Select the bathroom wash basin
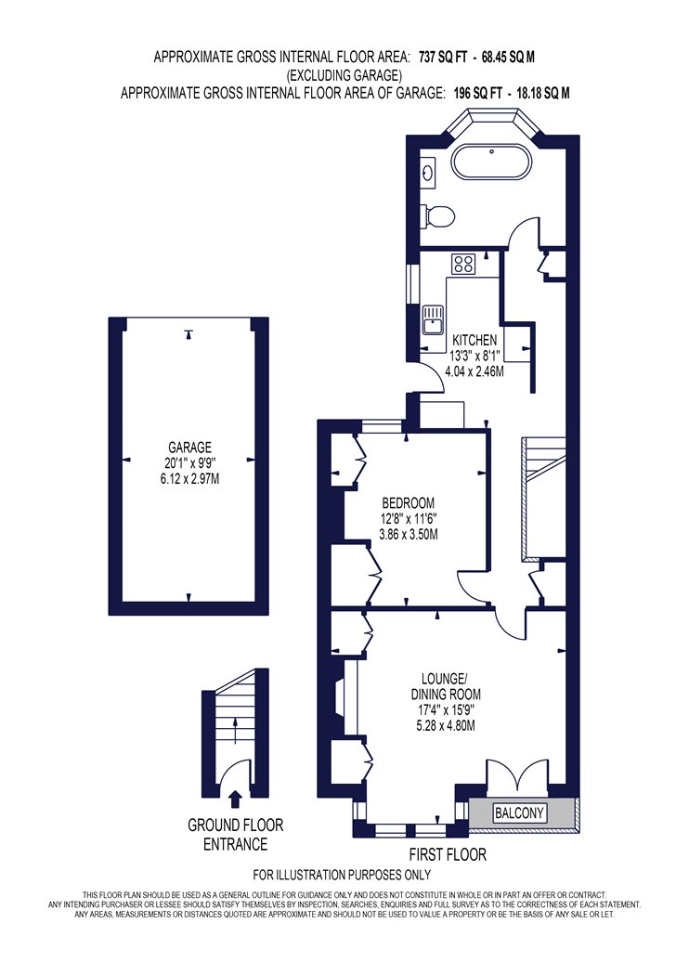(x=428, y=170)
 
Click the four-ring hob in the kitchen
(x=464, y=264)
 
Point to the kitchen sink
(x=431, y=318)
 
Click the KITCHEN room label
(x=474, y=340)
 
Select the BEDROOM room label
(x=408, y=502)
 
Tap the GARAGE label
(x=189, y=447)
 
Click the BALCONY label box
(x=519, y=812)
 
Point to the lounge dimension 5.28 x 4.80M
(x=445, y=725)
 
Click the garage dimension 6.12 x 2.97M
(x=189, y=479)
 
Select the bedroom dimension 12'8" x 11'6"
(x=409, y=518)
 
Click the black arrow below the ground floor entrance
(x=235, y=799)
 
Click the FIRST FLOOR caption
(x=448, y=853)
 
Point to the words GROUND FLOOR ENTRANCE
(x=235, y=835)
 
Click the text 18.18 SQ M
(x=539, y=93)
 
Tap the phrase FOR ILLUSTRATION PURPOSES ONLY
(x=342, y=875)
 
